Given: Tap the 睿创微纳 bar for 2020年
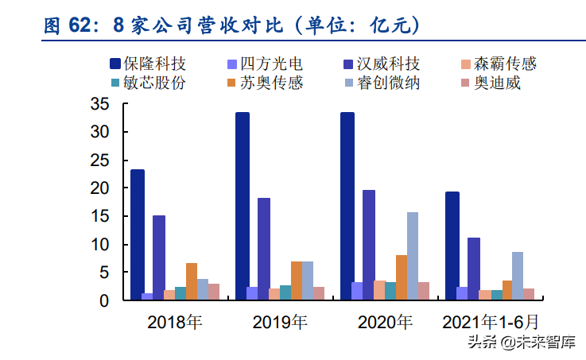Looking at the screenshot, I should tap(413, 256).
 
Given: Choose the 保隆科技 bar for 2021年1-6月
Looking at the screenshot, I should tap(452, 246).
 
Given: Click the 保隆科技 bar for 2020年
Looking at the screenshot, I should tap(347, 206).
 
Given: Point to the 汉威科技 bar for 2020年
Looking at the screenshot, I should tap(369, 245).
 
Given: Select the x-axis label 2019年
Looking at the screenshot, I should tap(280, 322).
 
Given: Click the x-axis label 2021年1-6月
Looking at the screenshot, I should tap(490, 322).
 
